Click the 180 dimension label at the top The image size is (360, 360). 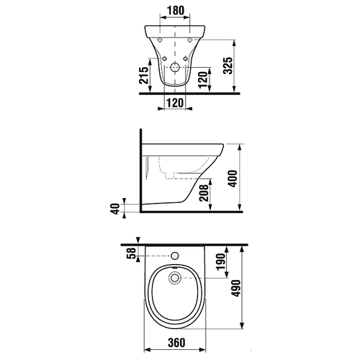pyautogui.click(x=176, y=10)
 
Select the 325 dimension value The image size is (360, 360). pyautogui.click(x=228, y=66)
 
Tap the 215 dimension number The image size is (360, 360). pyautogui.click(x=144, y=76)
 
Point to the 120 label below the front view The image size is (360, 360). pyautogui.click(x=175, y=103)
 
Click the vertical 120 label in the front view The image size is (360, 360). pyautogui.click(x=203, y=80)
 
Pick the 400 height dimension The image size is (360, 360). pyautogui.click(x=233, y=179)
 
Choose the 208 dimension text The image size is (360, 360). pyautogui.click(x=204, y=193)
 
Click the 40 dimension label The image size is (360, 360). pyautogui.click(x=116, y=209)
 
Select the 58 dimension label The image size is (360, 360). pyautogui.click(x=132, y=253)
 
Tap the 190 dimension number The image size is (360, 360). pyautogui.click(x=221, y=261)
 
